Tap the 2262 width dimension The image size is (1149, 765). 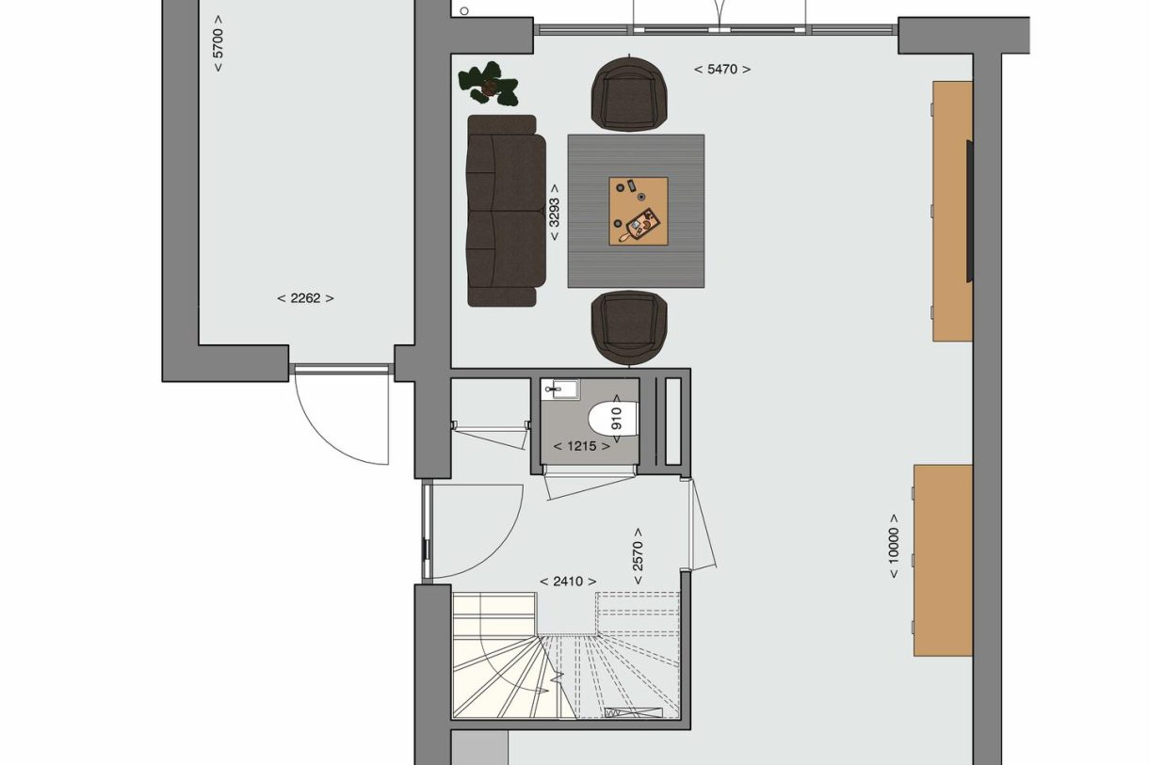click(x=305, y=298)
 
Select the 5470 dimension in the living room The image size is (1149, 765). click(x=722, y=69)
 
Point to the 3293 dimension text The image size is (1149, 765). click(x=555, y=212)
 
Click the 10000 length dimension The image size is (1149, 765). click(x=894, y=545)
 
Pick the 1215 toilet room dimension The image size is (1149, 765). click(x=581, y=446)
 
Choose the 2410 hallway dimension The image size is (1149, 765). click(x=568, y=582)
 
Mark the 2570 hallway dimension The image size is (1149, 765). click(x=638, y=555)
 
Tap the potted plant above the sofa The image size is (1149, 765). click(x=489, y=84)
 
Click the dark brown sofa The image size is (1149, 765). click(x=505, y=211)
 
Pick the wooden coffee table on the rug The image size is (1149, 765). click(x=638, y=211)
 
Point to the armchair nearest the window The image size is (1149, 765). click(x=629, y=93)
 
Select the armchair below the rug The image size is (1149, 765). click(x=629, y=326)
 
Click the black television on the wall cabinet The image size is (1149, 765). click(x=969, y=211)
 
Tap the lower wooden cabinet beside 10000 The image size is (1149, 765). click(x=942, y=560)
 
